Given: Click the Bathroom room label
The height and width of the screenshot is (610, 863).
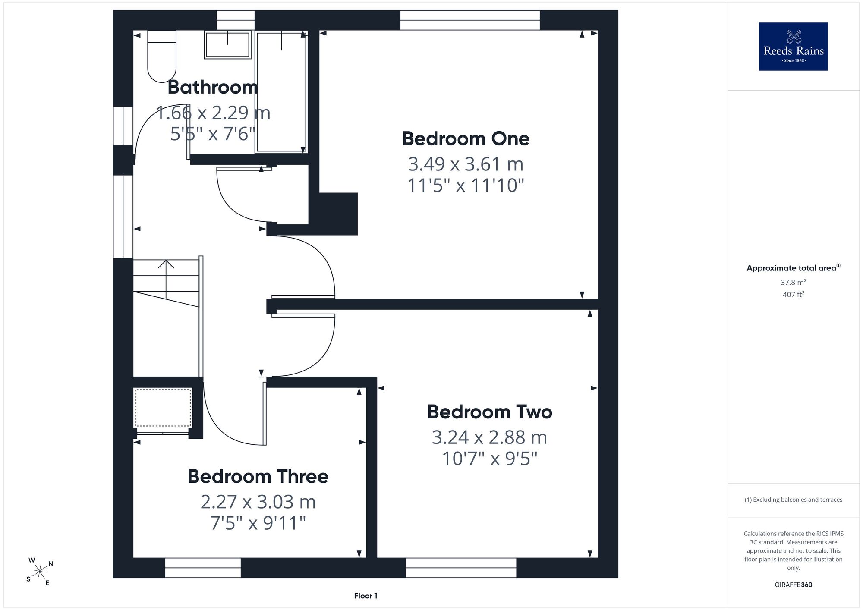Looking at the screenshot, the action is tap(213, 87).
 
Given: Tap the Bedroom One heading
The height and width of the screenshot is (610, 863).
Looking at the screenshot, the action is tap(466, 138).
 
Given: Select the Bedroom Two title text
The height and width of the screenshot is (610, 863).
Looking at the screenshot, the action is tap(490, 412).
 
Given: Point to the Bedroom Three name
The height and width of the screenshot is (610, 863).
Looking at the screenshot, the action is tap(258, 476).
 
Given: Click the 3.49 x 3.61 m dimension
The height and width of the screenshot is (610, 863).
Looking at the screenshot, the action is tap(466, 164).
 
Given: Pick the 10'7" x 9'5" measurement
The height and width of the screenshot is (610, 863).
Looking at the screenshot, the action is tap(490, 459).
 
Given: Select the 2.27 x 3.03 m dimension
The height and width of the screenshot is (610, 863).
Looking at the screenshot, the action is tap(258, 502).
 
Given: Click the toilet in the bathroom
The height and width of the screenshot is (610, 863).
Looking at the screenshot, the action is tap(162, 56).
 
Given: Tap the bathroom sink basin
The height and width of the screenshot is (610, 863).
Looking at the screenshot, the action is tap(227, 45).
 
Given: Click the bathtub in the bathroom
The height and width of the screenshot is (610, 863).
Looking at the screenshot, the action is tap(281, 91).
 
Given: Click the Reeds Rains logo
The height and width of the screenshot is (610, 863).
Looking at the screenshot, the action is tap(794, 47).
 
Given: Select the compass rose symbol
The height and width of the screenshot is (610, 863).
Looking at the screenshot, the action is tap(40, 572).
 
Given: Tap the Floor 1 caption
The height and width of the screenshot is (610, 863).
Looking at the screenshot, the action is tap(365, 596).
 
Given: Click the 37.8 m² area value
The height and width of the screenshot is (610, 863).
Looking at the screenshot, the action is tap(794, 282).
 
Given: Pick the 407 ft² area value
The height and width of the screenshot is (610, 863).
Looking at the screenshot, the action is tap(794, 295).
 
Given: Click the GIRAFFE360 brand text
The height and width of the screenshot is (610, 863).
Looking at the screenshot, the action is tap(794, 585).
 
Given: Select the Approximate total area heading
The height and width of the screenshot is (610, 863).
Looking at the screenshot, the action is tap(794, 268).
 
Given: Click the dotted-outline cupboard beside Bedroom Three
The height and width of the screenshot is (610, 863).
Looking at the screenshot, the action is tap(163, 408).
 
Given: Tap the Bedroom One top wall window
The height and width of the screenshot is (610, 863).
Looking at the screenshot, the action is tap(470, 20).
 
